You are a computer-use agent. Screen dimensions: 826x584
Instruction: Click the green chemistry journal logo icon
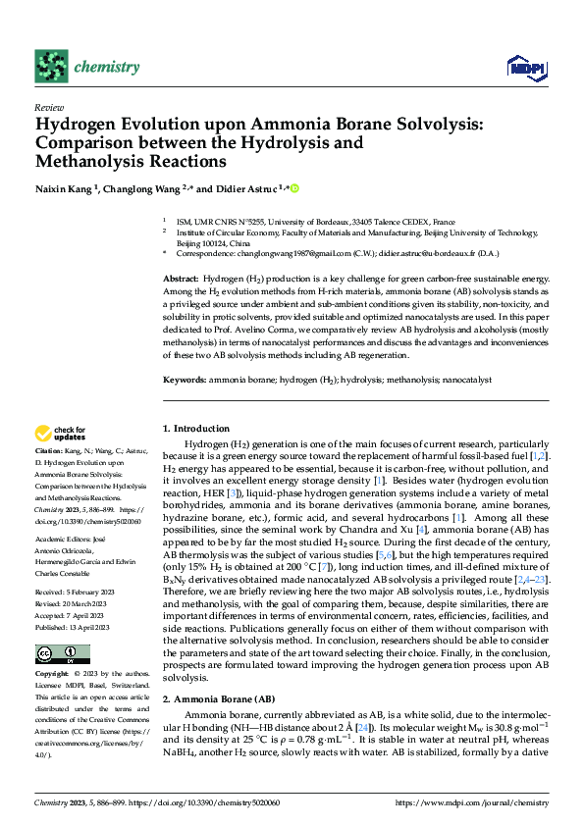(x=52, y=66)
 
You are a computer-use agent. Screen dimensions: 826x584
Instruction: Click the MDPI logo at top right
(x=522, y=67)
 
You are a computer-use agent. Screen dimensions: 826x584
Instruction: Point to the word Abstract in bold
(x=181, y=280)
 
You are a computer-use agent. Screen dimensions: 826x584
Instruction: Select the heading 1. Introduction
(x=195, y=429)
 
